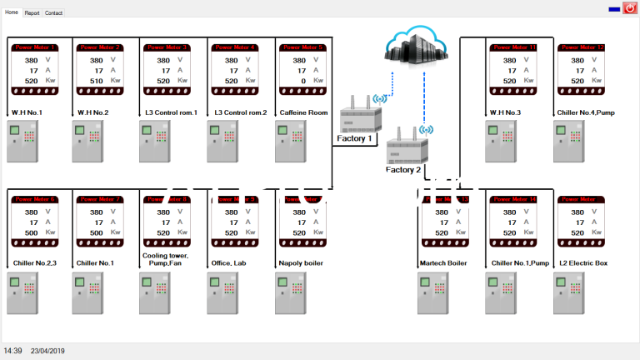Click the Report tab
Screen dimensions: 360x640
(32, 13)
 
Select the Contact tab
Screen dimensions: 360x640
(53, 13)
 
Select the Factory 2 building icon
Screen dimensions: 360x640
(407, 147)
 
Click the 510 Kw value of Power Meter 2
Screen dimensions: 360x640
(97, 81)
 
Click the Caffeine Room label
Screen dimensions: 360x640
(304, 112)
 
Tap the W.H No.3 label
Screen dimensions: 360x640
(505, 112)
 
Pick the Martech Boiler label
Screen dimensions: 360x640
(442, 263)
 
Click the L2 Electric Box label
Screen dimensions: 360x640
(583, 263)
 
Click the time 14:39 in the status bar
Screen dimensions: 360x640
(12, 351)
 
